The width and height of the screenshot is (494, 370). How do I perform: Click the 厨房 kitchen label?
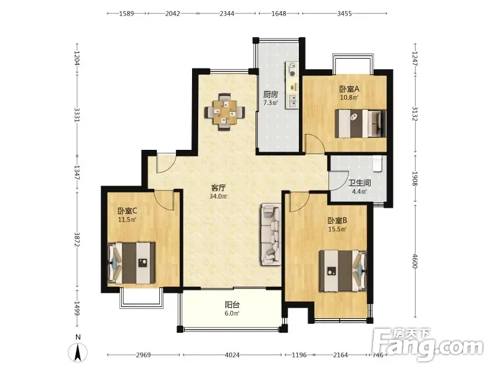click(270, 94)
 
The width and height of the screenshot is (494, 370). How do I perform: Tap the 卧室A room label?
click(349, 89)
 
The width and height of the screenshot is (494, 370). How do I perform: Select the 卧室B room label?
click(337, 221)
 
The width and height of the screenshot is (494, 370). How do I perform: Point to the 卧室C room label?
click(127, 211)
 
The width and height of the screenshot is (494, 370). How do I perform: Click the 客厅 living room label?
click(219, 188)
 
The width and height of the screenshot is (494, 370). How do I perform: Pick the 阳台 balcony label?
click(232, 305)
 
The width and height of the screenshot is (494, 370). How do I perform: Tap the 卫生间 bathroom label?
click(359, 183)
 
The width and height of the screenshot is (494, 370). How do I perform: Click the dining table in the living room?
click(225, 112)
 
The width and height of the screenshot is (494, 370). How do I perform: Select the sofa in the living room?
click(270, 234)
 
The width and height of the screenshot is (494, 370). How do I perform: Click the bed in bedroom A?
click(361, 123)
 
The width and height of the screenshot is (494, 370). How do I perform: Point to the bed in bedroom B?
click(343, 271)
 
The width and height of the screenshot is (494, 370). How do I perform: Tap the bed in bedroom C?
click(132, 263)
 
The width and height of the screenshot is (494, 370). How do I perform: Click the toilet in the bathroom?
click(377, 163)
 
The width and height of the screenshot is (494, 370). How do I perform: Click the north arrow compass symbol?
click(78, 352)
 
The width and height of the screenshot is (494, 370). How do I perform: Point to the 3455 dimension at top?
click(345, 14)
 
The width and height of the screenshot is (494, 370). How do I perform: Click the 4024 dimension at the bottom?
click(232, 355)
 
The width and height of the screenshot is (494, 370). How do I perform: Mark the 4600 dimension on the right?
click(414, 261)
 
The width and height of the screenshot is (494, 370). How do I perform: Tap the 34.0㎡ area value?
click(219, 196)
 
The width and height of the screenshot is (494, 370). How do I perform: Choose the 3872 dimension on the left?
click(77, 240)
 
